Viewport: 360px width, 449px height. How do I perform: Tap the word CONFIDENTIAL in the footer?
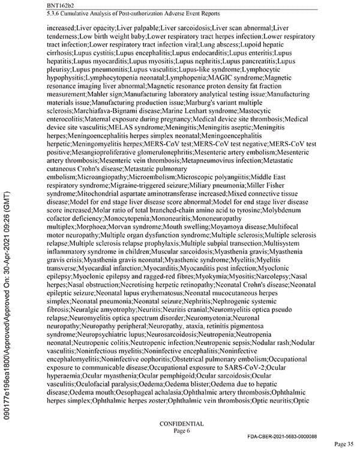[181, 423]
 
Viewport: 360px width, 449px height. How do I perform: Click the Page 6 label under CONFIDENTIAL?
[181, 430]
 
